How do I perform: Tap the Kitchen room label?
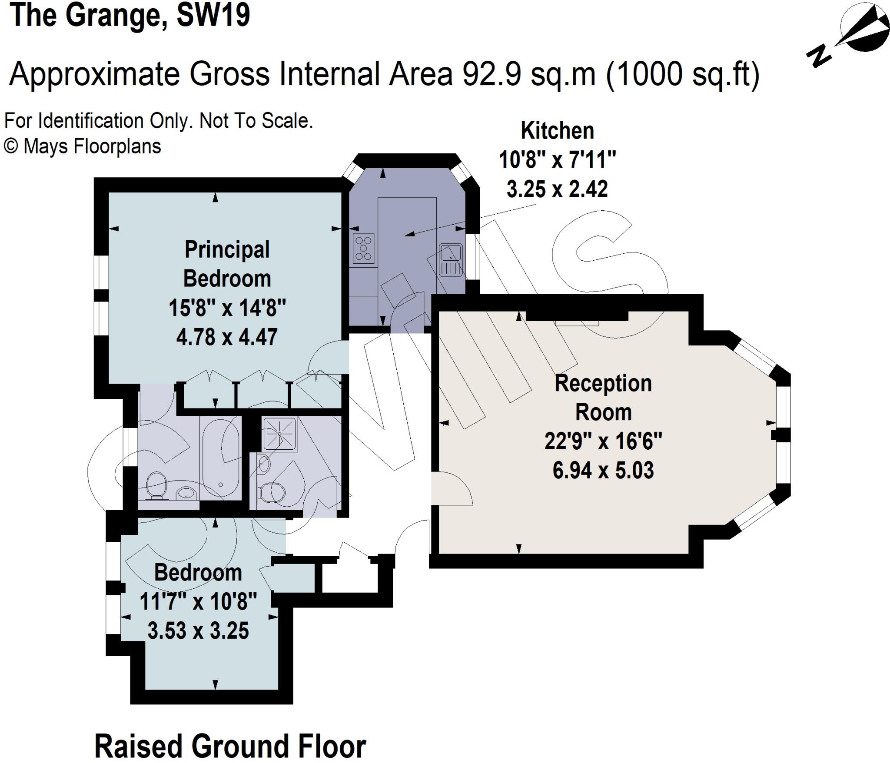point(557,131)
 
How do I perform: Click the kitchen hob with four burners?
point(364,249)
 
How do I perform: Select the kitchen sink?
point(451,260)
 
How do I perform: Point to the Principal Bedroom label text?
point(227,264)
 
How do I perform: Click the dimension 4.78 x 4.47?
point(227,337)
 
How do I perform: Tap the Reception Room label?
point(603,398)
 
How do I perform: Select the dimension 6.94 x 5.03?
point(603,470)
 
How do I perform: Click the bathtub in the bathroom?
point(221,457)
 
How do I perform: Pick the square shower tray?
point(279,434)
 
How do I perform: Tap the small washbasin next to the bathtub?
point(187,493)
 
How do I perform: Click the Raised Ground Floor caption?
point(230,746)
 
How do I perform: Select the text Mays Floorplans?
point(92,146)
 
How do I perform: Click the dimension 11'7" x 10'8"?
point(198,602)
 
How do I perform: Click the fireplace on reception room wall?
point(577,316)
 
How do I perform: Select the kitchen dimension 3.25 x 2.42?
point(557,189)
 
